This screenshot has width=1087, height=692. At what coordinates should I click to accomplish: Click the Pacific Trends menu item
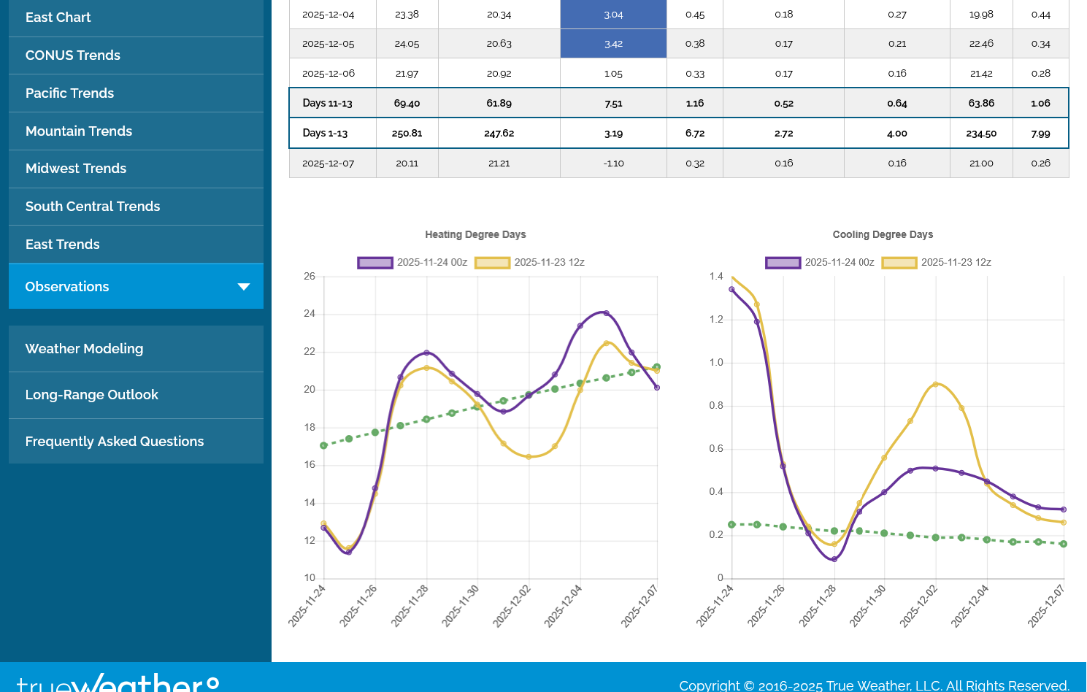click(x=70, y=93)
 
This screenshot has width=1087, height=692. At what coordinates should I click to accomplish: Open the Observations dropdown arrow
click(x=244, y=287)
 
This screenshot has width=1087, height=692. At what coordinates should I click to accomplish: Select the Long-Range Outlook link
click(x=92, y=395)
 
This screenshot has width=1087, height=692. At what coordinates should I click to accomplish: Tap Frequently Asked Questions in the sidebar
click(x=115, y=442)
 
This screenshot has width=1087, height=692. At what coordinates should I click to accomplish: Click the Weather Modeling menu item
click(x=85, y=349)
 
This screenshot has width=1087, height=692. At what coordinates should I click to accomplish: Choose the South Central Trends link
click(x=93, y=207)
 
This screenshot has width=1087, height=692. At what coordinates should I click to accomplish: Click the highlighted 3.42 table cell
click(x=613, y=44)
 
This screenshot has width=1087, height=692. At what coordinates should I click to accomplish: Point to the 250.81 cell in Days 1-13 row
click(x=407, y=134)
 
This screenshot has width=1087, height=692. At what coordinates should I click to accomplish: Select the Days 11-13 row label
click(x=327, y=104)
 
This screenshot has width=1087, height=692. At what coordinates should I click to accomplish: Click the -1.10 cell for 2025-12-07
click(x=613, y=164)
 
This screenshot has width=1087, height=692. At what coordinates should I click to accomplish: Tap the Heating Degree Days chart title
click(x=475, y=234)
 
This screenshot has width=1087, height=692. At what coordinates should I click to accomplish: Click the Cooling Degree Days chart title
click(x=883, y=234)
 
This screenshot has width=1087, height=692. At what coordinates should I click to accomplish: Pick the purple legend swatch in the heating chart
click(x=375, y=263)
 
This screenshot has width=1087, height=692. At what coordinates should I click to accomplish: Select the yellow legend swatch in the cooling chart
click(x=899, y=263)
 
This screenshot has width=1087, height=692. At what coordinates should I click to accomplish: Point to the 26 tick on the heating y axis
click(x=310, y=277)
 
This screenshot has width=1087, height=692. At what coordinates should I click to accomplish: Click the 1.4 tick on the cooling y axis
click(x=716, y=277)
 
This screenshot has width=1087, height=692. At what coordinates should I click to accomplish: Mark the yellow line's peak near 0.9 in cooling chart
click(x=936, y=384)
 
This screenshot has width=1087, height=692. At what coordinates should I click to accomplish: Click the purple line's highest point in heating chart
click(x=606, y=313)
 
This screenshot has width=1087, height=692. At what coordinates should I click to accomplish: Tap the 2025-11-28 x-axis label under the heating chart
click(x=410, y=606)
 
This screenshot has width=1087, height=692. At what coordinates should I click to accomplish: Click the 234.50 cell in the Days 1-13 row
click(x=981, y=134)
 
